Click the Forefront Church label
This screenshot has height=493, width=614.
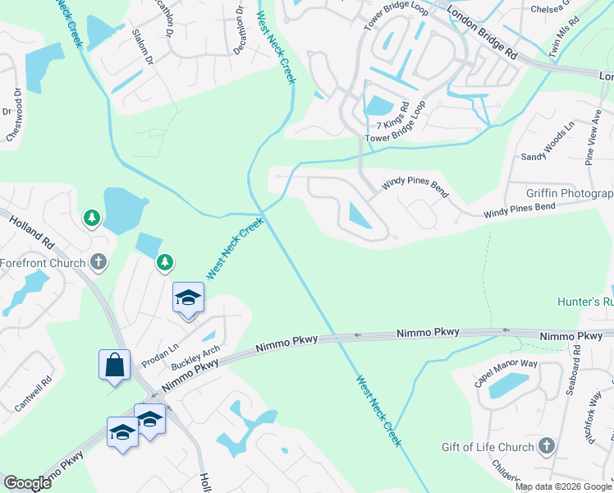[x=43, y=264]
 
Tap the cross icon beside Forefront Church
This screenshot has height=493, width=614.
[x=98, y=263]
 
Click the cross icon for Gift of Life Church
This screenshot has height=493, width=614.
[x=546, y=446]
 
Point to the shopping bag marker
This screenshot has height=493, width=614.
[x=114, y=366]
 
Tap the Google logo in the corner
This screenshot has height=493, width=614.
[x=27, y=483]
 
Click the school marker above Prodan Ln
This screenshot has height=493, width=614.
[x=188, y=298]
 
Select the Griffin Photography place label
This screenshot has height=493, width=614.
[x=570, y=194]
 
